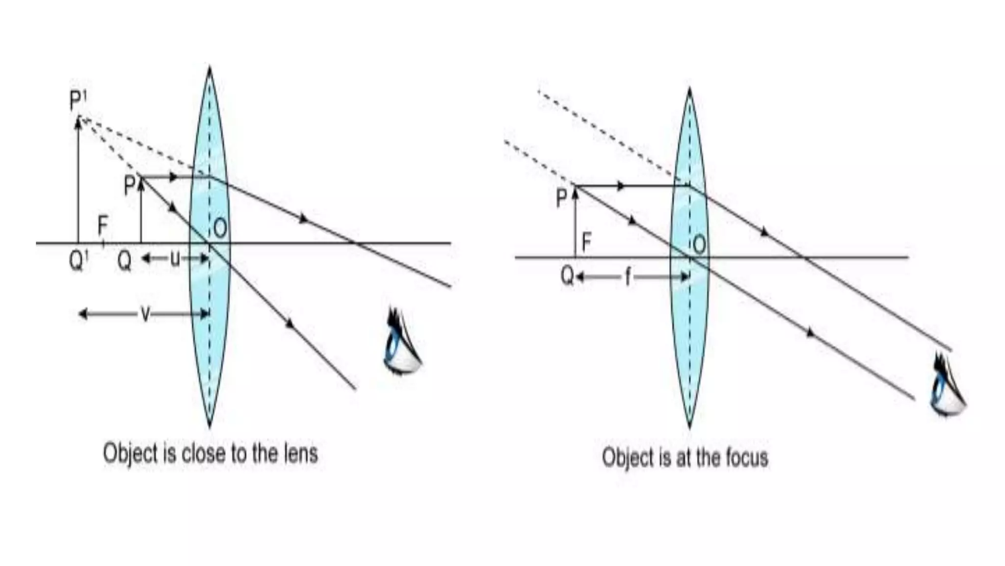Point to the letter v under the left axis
tap(145, 313)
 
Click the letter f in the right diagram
tap(628, 278)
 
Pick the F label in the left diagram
tap(103, 226)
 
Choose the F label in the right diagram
tap(586, 242)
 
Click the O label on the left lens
tap(220, 228)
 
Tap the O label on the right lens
tap(700, 244)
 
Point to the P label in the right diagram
tap(561, 199)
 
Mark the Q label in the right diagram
tap(567, 276)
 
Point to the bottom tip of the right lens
tap(689, 426)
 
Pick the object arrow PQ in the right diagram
tap(575, 221)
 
